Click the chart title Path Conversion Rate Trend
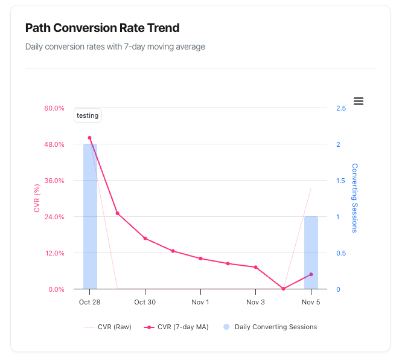pos(102,28)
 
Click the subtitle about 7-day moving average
pos(115,47)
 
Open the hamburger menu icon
pos(359,101)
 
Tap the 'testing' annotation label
pos(88,115)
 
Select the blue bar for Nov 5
pos(311,252)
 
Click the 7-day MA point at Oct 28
pos(90,138)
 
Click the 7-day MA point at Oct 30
pos(145,239)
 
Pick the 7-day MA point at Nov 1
pos(200,259)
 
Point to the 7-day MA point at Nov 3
pos(255,267)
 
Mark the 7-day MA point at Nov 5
pos(311,274)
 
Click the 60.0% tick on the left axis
pos(54,108)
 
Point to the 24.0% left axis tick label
pos(54,217)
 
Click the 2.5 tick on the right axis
pos(341,108)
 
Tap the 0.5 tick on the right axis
pos(341,253)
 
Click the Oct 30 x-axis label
pos(145,302)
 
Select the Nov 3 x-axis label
pos(255,302)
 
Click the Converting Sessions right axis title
pos(355,198)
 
